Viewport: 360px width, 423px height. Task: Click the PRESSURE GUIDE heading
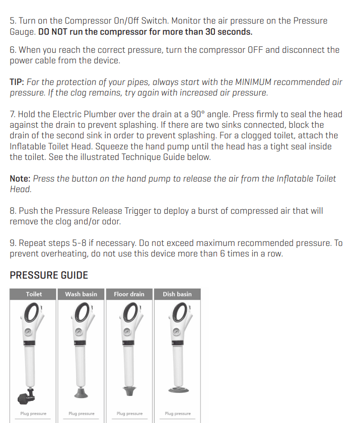tap(49, 275)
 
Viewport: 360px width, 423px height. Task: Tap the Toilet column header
tap(34, 294)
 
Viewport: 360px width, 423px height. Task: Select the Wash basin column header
tap(81, 294)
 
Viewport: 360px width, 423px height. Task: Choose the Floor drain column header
tap(129, 294)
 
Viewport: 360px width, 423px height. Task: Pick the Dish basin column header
tap(177, 294)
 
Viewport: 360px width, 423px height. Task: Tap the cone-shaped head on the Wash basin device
tap(81, 392)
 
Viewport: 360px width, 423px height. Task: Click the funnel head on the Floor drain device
tap(129, 391)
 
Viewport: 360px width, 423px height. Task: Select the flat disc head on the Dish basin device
tap(179, 390)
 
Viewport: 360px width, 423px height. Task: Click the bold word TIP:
tap(17, 82)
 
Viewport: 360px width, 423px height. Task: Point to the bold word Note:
tap(20, 179)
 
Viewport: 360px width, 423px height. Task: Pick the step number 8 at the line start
tap(13, 211)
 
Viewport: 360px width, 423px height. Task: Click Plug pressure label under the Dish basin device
tap(178, 413)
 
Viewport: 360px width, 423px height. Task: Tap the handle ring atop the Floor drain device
tap(131, 312)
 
